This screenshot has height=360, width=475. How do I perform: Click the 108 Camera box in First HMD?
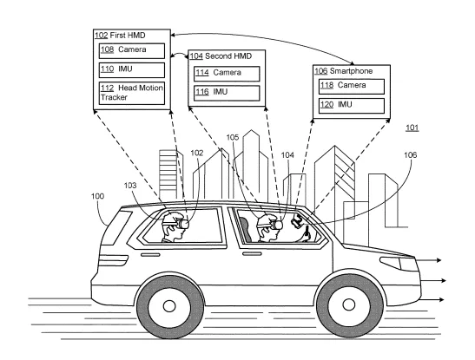click(132, 51)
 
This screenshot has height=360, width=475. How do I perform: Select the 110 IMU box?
click(132, 70)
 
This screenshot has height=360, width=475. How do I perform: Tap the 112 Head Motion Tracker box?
click(132, 93)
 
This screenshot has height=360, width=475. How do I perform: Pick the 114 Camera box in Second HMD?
click(227, 74)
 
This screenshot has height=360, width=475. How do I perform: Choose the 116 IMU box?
click(227, 93)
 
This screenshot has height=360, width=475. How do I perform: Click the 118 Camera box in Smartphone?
click(352, 87)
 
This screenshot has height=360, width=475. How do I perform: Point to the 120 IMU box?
click(352, 106)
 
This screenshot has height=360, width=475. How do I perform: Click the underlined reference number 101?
click(412, 128)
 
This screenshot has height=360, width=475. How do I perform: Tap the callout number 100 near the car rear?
click(97, 196)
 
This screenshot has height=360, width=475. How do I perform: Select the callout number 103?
click(130, 185)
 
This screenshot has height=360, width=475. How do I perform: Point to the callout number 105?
click(233, 137)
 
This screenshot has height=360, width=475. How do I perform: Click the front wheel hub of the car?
click(349, 304)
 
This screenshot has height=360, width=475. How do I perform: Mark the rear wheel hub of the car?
click(169, 306)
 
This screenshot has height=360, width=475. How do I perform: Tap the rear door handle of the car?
click(150, 255)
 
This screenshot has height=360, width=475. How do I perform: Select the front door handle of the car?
click(252, 253)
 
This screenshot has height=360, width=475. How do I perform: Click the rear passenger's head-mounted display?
click(183, 224)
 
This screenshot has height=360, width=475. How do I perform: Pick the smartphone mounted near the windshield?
click(297, 221)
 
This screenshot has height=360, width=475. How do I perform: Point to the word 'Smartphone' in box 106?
click(351, 71)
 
